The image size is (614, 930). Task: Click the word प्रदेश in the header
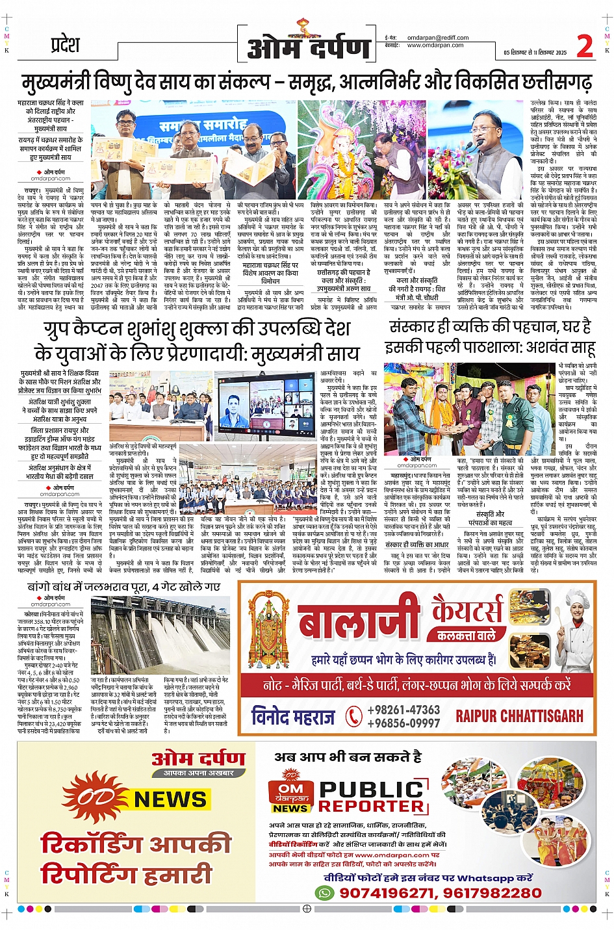point(65,45)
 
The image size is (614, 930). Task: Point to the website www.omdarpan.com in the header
point(435,45)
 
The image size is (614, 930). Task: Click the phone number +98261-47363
point(403,710)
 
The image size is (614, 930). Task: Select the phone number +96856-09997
point(403,723)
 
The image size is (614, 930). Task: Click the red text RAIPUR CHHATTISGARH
point(519,716)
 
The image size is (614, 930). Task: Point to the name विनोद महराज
point(293,716)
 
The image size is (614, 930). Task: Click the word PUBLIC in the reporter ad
point(371,789)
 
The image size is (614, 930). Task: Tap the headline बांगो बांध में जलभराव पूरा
point(124,587)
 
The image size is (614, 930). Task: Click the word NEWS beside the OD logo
point(170,799)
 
